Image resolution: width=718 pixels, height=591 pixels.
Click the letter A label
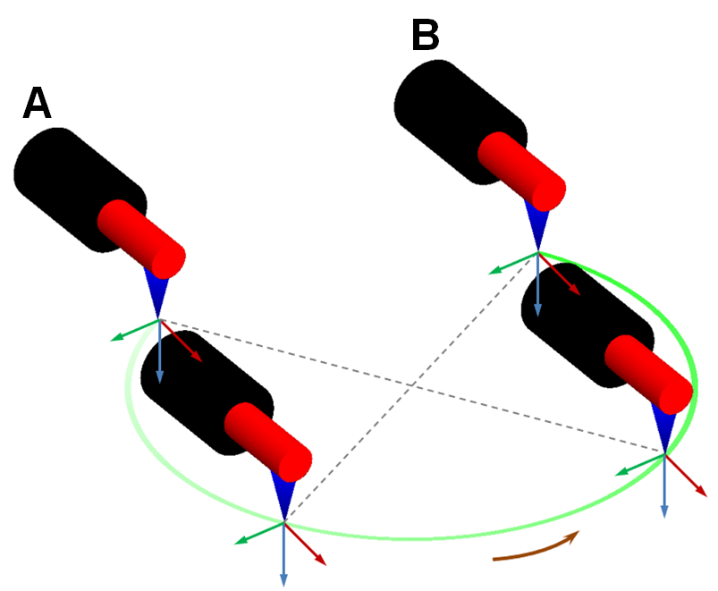pos(38,104)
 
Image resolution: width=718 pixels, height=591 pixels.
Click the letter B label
pos(426,37)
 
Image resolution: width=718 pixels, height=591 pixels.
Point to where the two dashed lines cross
pos(410,387)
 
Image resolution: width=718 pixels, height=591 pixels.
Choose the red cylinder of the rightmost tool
pos(649,372)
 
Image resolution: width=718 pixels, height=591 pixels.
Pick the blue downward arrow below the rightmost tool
pos(664,487)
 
